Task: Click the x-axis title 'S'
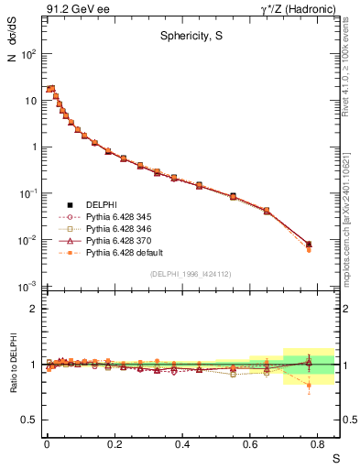(x=335, y=457)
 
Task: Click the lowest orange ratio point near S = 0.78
(x=309, y=386)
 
